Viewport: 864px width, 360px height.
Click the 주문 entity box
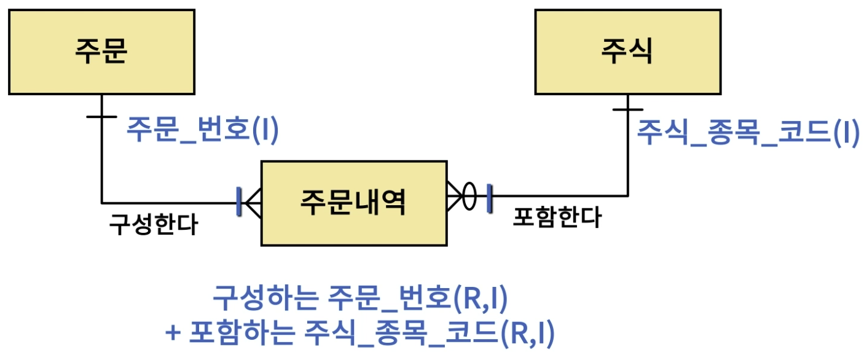click(101, 52)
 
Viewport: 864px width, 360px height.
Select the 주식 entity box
click(627, 52)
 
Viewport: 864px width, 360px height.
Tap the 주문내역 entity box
click(353, 203)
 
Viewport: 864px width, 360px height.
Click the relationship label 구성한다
click(153, 224)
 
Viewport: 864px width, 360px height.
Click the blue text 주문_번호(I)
click(203, 131)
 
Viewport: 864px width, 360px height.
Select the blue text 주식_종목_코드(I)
click(747, 131)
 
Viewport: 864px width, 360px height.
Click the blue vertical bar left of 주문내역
click(239, 202)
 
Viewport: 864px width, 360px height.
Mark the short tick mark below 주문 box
click(101, 116)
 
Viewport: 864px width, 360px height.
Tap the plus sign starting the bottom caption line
click(173, 334)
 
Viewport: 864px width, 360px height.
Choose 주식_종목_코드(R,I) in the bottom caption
click(430, 333)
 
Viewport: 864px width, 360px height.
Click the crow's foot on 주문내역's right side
click(455, 197)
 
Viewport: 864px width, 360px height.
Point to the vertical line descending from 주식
click(627, 154)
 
